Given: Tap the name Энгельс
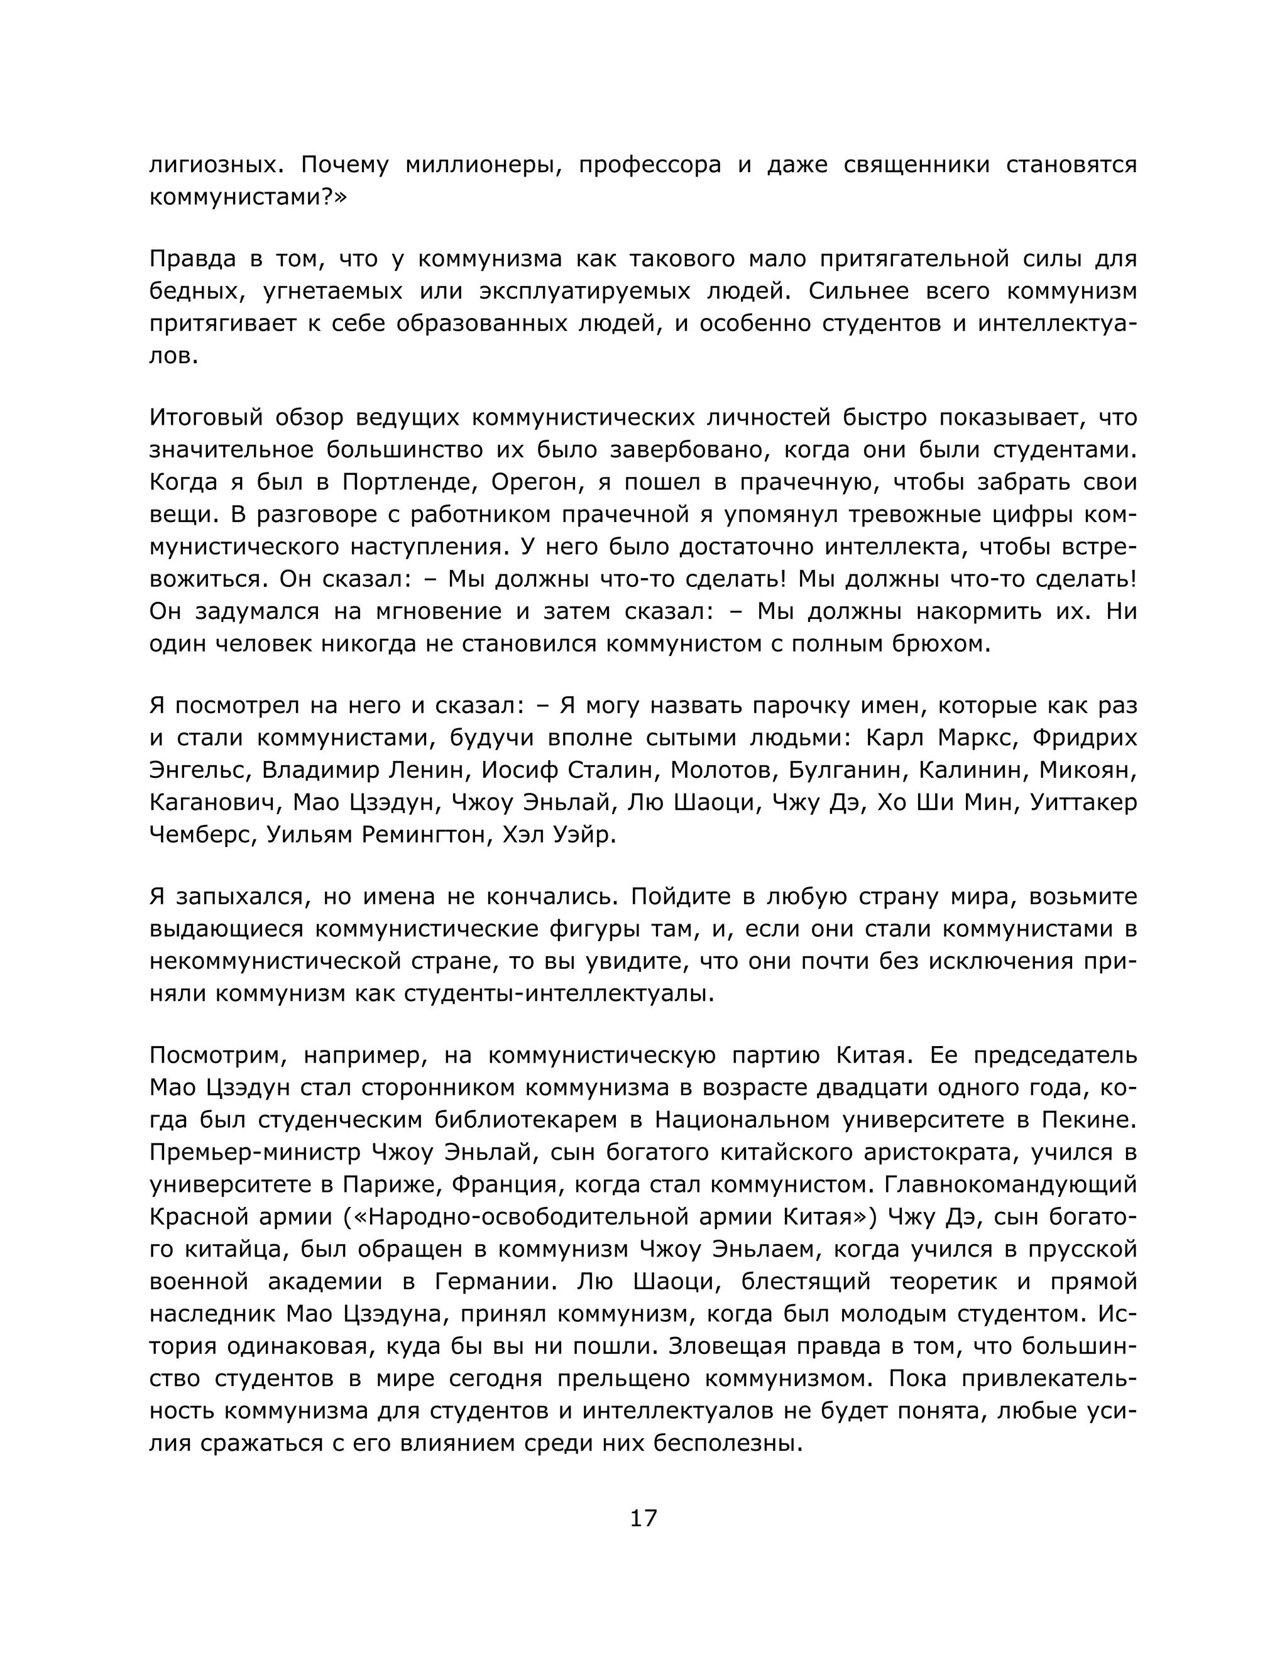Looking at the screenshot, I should [x=197, y=771].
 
